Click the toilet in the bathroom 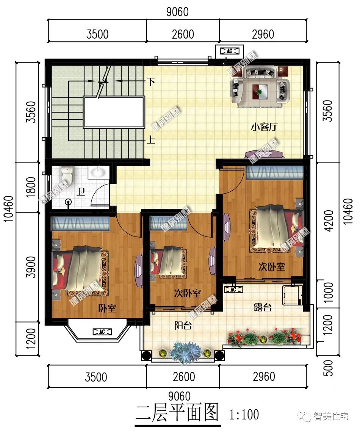[67, 175]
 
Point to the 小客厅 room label [264, 127]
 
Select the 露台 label [262, 307]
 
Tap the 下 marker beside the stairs [151, 82]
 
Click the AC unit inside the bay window [102, 332]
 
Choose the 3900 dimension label [32, 267]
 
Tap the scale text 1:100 [244, 414]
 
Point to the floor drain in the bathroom [68, 202]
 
